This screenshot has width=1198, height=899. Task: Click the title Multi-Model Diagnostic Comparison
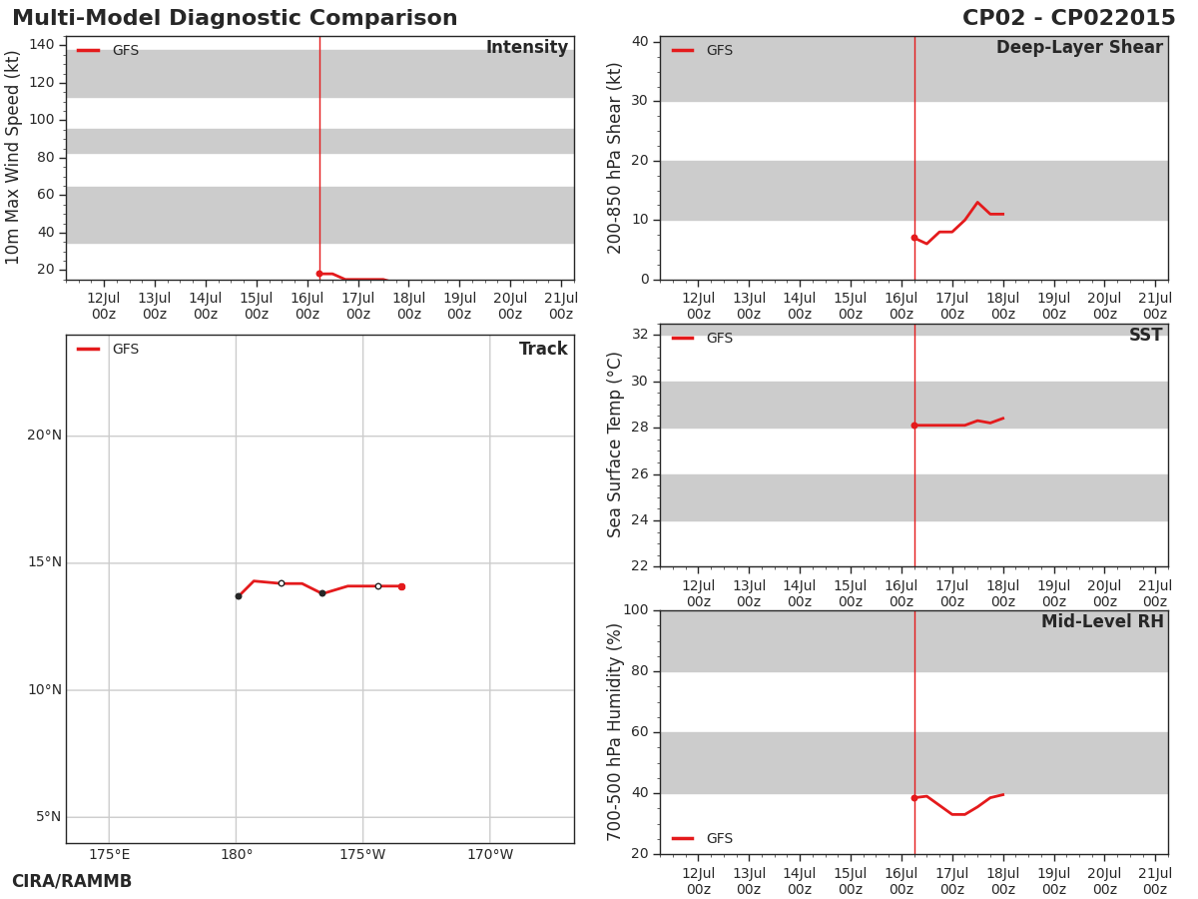point(235,18)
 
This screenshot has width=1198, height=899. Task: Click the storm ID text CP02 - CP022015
point(1068,18)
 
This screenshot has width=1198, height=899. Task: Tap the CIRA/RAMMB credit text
point(72,881)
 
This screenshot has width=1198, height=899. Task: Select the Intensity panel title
point(527,47)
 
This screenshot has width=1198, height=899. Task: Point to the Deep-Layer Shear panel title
point(1079,48)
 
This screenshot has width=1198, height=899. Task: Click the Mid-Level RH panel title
point(1102,621)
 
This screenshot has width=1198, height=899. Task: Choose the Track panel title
point(543,349)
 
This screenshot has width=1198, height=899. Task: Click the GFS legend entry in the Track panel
point(108,349)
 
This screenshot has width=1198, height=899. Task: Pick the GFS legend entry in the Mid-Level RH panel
point(702,838)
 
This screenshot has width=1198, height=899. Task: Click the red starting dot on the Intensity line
point(319,274)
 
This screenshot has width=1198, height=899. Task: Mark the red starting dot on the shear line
point(914,238)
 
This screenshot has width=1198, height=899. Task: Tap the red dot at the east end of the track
point(401,586)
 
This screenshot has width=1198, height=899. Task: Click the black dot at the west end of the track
point(239,596)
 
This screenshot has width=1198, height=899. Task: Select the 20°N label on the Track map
point(45,436)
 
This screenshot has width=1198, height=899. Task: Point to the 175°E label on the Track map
point(109,855)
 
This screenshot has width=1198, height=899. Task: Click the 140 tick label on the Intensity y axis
point(42,44)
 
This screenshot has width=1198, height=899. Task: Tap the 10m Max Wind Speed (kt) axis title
point(12,158)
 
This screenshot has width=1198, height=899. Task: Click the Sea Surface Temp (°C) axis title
point(613,445)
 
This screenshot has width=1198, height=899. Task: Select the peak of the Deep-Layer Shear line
point(977,202)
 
